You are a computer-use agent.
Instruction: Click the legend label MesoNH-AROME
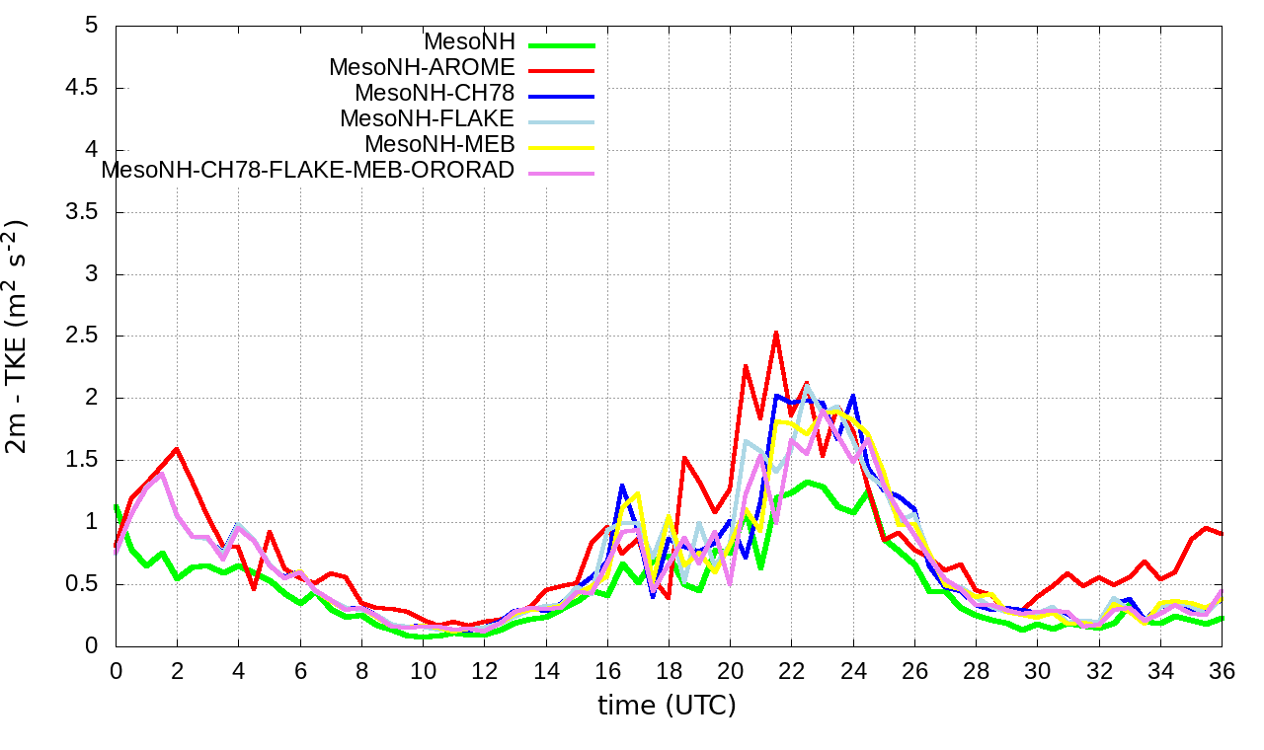click(x=422, y=68)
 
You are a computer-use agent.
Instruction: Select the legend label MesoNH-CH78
click(x=434, y=94)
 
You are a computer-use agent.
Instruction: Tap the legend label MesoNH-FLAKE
click(x=427, y=118)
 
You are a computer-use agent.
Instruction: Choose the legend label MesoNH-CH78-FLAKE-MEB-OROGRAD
click(x=308, y=170)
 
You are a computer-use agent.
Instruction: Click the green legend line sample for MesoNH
click(x=561, y=44)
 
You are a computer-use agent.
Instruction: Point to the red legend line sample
click(x=561, y=70)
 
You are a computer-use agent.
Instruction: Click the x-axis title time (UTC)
click(x=667, y=706)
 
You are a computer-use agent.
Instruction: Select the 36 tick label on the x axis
click(x=1222, y=668)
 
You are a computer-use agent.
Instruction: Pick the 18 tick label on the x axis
click(x=669, y=668)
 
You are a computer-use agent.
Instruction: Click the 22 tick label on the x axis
click(x=791, y=668)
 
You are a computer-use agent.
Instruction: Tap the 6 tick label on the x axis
click(x=300, y=668)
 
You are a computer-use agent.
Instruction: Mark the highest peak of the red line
click(x=776, y=333)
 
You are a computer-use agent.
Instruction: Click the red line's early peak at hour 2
click(x=177, y=449)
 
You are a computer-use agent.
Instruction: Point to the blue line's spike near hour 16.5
click(x=622, y=486)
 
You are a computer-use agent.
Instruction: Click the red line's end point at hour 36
click(x=1223, y=534)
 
